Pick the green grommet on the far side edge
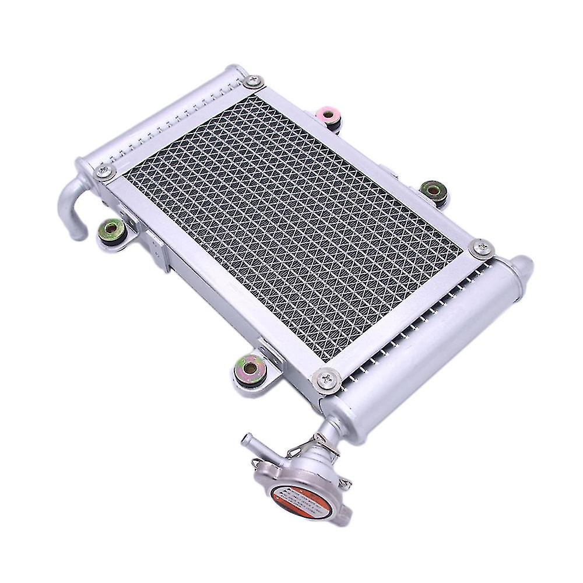tap(432, 190)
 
